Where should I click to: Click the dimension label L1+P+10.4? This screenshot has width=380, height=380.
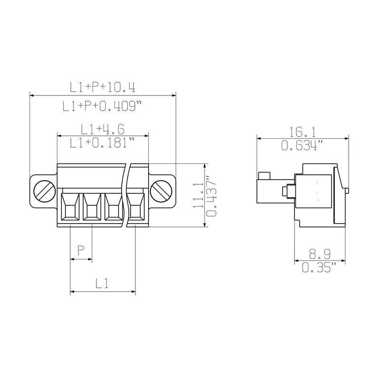click(103, 87)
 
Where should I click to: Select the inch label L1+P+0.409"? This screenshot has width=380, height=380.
click(102, 106)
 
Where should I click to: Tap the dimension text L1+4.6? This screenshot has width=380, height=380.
click(103, 129)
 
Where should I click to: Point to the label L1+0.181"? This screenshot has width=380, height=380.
click(102, 142)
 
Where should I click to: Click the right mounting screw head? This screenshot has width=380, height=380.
click(161, 191)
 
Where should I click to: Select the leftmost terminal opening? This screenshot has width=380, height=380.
click(70, 207)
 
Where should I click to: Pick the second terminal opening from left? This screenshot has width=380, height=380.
click(92, 207)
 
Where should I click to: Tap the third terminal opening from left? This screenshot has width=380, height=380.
click(114, 207)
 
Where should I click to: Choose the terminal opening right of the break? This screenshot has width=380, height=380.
click(135, 207)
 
